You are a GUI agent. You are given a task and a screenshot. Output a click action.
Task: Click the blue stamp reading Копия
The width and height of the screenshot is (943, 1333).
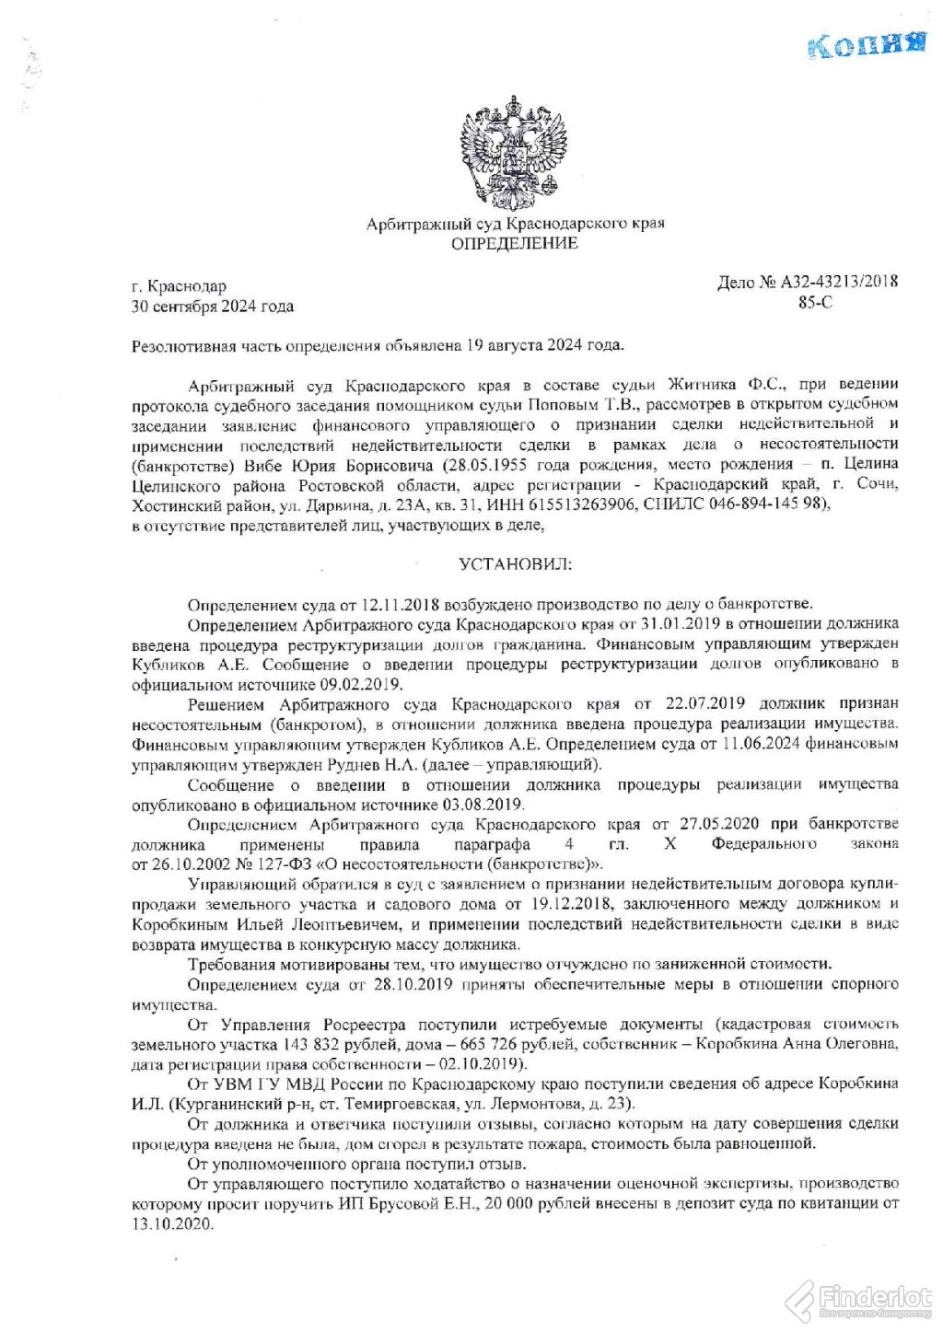tap(865, 45)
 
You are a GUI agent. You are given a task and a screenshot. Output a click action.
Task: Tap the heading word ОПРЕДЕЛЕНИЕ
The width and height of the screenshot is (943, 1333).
tap(514, 243)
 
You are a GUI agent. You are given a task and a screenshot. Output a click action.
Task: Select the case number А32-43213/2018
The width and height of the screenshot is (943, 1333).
tap(839, 283)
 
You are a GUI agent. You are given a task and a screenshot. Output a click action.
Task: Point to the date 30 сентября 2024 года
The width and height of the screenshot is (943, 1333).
tap(213, 307)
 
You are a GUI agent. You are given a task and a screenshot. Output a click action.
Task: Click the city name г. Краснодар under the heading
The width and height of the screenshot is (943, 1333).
tap(179, 286)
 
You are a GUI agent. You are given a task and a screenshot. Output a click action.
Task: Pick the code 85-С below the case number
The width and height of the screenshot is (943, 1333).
tap(815, 303)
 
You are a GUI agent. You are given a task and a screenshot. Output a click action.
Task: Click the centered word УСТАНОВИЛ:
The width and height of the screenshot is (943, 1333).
tap(515, 563)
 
